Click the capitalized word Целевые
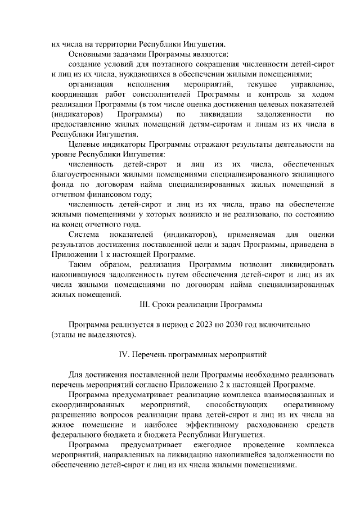pos(83,145)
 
